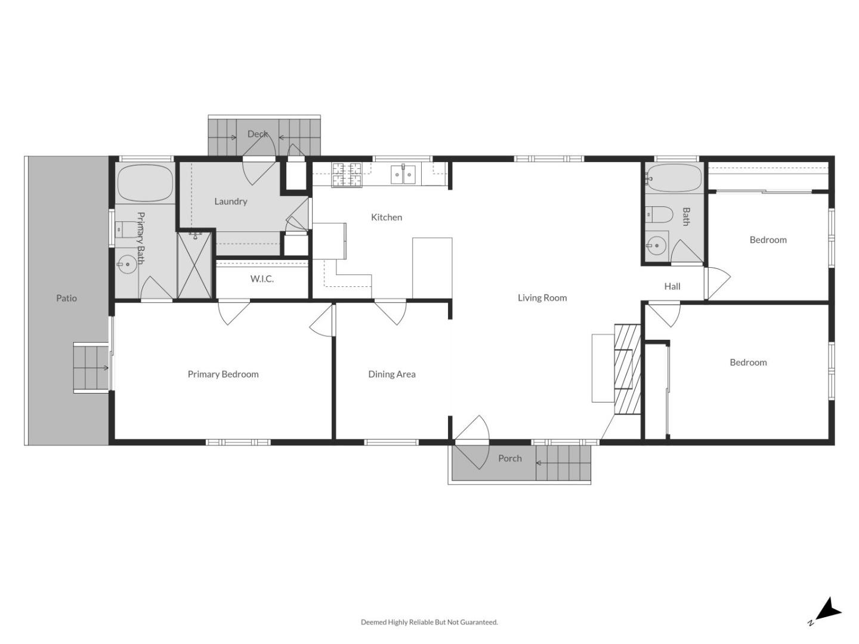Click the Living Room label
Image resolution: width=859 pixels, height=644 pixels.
(542, 298)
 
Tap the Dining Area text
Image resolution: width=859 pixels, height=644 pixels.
(391, 374)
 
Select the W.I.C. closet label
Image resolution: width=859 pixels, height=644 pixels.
(262, 278)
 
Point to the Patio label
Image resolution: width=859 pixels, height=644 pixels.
(66, 298)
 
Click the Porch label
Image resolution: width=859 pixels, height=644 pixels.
(509, 458)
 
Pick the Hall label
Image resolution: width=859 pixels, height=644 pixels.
(672, 286)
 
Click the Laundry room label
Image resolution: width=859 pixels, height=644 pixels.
(230, 202)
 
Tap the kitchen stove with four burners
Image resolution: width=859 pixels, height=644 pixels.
(347, 174)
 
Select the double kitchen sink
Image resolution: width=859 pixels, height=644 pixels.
(403, 174)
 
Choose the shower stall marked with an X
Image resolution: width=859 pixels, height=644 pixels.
(194, 265)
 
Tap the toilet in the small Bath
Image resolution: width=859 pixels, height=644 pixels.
(659, 213)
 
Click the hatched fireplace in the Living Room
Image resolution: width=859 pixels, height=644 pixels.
(628, 369)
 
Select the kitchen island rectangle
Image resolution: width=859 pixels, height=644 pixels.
(432, 268)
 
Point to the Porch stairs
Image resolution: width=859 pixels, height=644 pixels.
(563, 463)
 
